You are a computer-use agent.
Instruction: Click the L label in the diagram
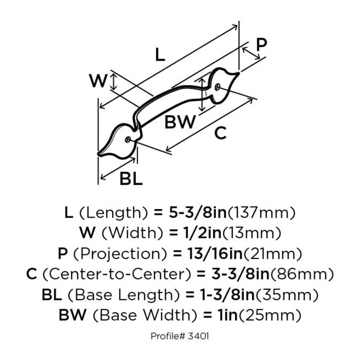pyautogui.click(x=160, y=54)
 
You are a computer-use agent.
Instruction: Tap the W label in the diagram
pyautogui.click(x=98, y=81)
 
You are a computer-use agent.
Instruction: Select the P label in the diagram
pyautogui.click(x=262, y=44)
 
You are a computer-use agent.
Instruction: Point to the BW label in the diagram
pyautogui.click(x=180, y=122)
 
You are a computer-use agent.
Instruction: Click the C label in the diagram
pyautogui.click(x=220, y=133)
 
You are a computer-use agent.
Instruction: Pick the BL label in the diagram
pyautogui.click(x=131, y=179)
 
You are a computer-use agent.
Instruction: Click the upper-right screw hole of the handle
pyautogui.click(x=217, y=87)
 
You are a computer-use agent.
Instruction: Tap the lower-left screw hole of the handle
pyautogui.click(x=128, y=139)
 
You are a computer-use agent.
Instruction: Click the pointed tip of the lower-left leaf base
pyautogui.click(x=99, y=154)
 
